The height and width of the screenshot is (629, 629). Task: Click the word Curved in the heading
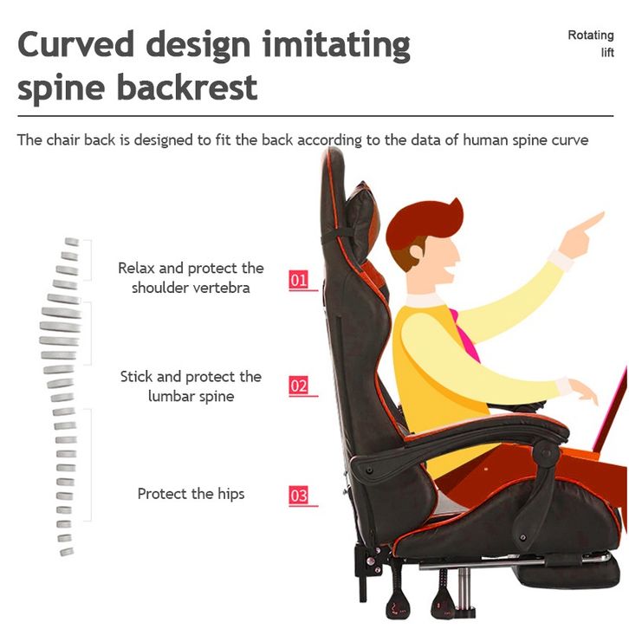click(76, 43)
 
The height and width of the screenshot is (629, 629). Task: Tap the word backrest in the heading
click(187, 87)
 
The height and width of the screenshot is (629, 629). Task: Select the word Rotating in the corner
click(591, 36)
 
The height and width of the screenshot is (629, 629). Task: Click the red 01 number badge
click(298, 280)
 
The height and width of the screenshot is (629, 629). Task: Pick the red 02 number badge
click(298, 386)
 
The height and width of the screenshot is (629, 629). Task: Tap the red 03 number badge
click(298, 496)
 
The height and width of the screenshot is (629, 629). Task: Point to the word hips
click(231, 494)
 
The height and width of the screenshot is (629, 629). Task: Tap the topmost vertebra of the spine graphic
click(72, 242)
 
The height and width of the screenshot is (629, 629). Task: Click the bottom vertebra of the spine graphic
click(67, 552)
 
